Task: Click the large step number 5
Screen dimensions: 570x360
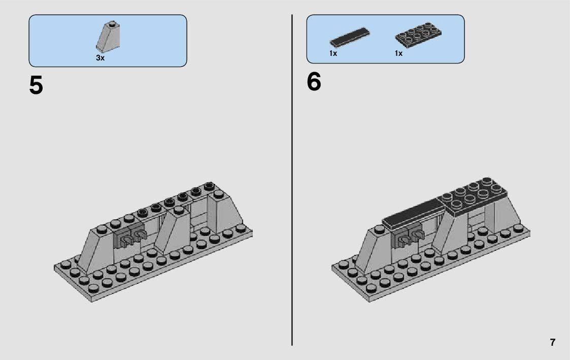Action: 36,85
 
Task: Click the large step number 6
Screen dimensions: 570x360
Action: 314,82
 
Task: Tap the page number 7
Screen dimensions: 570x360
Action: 552,342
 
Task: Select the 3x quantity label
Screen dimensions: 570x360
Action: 100,58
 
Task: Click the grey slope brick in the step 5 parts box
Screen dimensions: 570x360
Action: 109,37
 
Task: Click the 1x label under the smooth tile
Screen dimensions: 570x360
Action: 333,53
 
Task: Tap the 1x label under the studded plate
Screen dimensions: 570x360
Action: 398,53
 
